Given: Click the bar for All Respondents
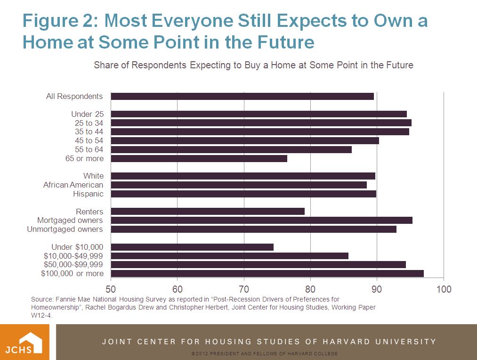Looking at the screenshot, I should click(242, 96).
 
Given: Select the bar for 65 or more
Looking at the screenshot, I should click(199, 158).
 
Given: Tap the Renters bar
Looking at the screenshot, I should click(208, 211).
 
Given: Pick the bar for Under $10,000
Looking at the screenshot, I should click(192, 247).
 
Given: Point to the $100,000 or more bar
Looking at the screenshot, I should click(267, 273).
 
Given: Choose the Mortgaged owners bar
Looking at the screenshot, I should click(261, 220).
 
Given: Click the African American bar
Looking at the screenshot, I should click(239, 185).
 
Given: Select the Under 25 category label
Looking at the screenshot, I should click(87, 114).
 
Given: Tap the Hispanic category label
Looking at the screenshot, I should click(88, 194).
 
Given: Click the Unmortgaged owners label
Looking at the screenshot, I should click(65, 229).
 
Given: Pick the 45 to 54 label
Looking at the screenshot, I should click(89, 140).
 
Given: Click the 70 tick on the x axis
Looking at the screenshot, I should click(244, 289).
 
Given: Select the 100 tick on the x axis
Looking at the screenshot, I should click(444, 289).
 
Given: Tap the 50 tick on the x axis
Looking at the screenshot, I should click(111, 289).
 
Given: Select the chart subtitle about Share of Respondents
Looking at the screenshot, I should click(253, 65).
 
